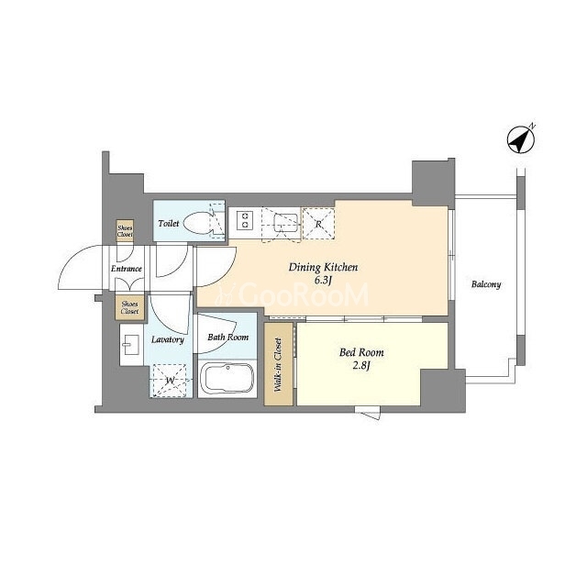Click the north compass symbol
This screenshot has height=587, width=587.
(521, 139)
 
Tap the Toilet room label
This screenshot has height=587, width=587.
(169, 224)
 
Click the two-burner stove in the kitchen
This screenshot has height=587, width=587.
(246, 220)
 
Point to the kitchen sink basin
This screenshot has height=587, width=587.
(285, 223)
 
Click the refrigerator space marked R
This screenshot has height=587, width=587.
(318, 224)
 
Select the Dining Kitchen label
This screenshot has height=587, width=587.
(323, 267)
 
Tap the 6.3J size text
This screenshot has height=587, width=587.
(323, 281)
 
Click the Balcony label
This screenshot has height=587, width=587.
(486, 284)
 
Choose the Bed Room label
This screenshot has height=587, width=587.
(361, 352)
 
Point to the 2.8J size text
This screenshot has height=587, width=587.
(361, 366)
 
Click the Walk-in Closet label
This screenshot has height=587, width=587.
(278, 365)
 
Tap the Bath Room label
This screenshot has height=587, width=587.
(228, 338)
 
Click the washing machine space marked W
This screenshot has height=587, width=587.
(170, 381)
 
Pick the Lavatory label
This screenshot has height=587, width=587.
(168, 339)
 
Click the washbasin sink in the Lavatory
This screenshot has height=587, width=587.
(131, 345)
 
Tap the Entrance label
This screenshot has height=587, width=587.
(127, 269)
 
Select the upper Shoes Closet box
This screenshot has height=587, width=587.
(125, 230)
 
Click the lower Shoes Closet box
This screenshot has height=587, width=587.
(129, 308)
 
